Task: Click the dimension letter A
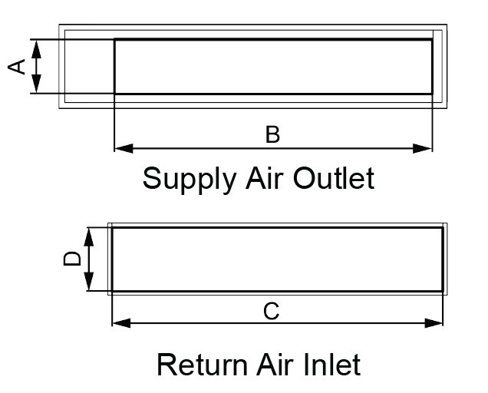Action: [16, 66]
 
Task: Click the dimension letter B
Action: [272, 134]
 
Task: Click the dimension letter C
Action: [271, 311]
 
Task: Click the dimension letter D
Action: [72, 259]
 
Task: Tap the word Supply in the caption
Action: [190, 179]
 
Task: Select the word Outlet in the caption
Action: [334, 178]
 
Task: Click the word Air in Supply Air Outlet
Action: [264, 178]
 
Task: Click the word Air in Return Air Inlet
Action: [275, 364]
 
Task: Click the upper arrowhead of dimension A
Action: [36, 49]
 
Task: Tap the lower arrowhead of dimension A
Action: [36, 84]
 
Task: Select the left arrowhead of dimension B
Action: [124, 149]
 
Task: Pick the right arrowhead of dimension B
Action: [423, 149]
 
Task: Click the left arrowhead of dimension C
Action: [121, 323]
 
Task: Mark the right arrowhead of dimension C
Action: [434, 323]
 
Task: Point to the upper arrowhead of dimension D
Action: [89, 237]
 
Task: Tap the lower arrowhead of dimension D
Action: [89, 281]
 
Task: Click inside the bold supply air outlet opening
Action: [273, 66]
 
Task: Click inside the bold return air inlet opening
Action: [277, 259]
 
